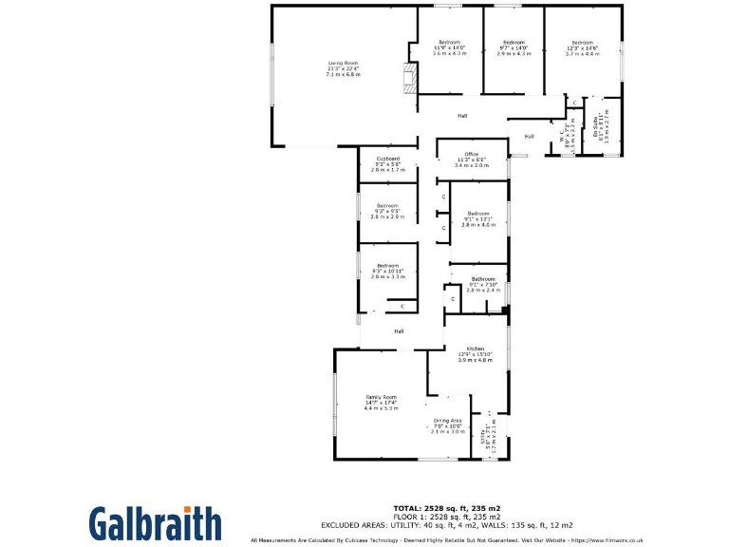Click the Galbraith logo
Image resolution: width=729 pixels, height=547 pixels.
point(156,523)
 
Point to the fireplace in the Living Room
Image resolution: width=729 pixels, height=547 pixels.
point(409,77)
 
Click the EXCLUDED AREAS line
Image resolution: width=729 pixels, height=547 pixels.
point(446,524)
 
